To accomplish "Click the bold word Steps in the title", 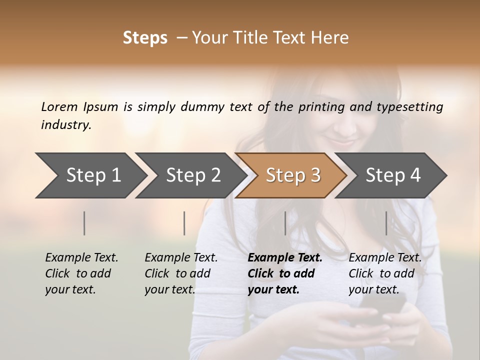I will click(x=145, y=38).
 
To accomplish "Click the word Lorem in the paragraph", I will click(x=59, y=107).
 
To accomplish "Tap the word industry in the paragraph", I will click(x=65, y=125).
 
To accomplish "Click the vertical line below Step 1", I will click(x=84, y=223).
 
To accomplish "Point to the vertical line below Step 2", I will click(x=184, y=223).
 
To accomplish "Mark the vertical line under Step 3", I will click(x=285, y=223).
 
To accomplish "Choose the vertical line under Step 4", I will click(x=386, y=223).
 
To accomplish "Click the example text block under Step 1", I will click(x=81, y=273).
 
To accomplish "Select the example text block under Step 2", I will click(x=181, y=273).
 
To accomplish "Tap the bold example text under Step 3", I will click(x=284, y=273).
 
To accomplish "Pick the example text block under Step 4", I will click(x=385, y=273).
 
